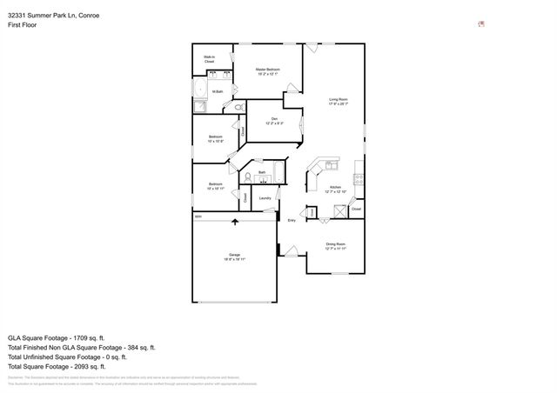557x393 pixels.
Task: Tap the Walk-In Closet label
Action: click(209, 60)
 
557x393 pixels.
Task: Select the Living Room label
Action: click(338, 102)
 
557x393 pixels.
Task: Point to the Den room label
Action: click(273, 121)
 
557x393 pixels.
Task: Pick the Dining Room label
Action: click(336, 246)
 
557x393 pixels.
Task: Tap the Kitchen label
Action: click(335, 189)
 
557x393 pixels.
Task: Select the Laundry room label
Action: click(265, 198)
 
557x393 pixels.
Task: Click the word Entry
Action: click(292, 221)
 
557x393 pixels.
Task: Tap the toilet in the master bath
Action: click(236, 107)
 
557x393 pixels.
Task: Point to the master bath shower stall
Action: click(201, 107)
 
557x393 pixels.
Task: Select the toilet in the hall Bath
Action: click(248, 177)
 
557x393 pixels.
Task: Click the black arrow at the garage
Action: click(235, 223)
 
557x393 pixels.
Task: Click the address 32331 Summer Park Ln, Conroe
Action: click(47, 15)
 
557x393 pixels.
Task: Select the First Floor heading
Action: click(22, 25)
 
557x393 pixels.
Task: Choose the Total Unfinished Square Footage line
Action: click(67, 356)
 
